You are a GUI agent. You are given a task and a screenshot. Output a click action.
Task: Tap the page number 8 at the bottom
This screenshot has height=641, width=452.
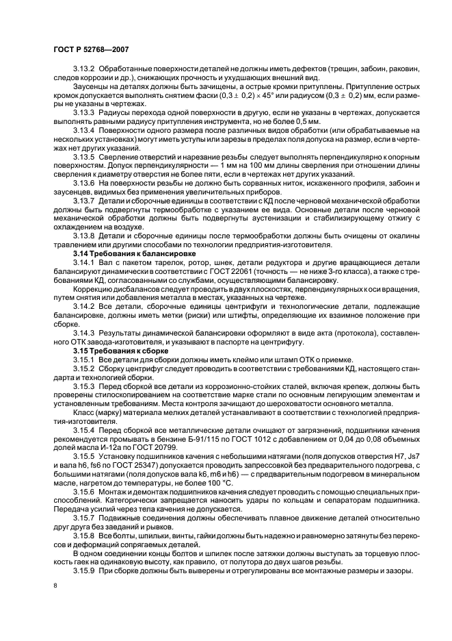(x=55, y=586)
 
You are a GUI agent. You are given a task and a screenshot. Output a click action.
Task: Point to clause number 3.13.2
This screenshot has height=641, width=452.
(x=84, y=70)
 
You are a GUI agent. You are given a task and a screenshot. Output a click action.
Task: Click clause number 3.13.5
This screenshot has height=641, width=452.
(x=84, y=156)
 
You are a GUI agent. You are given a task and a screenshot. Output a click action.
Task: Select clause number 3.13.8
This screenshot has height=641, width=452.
(x=84, y=235)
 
